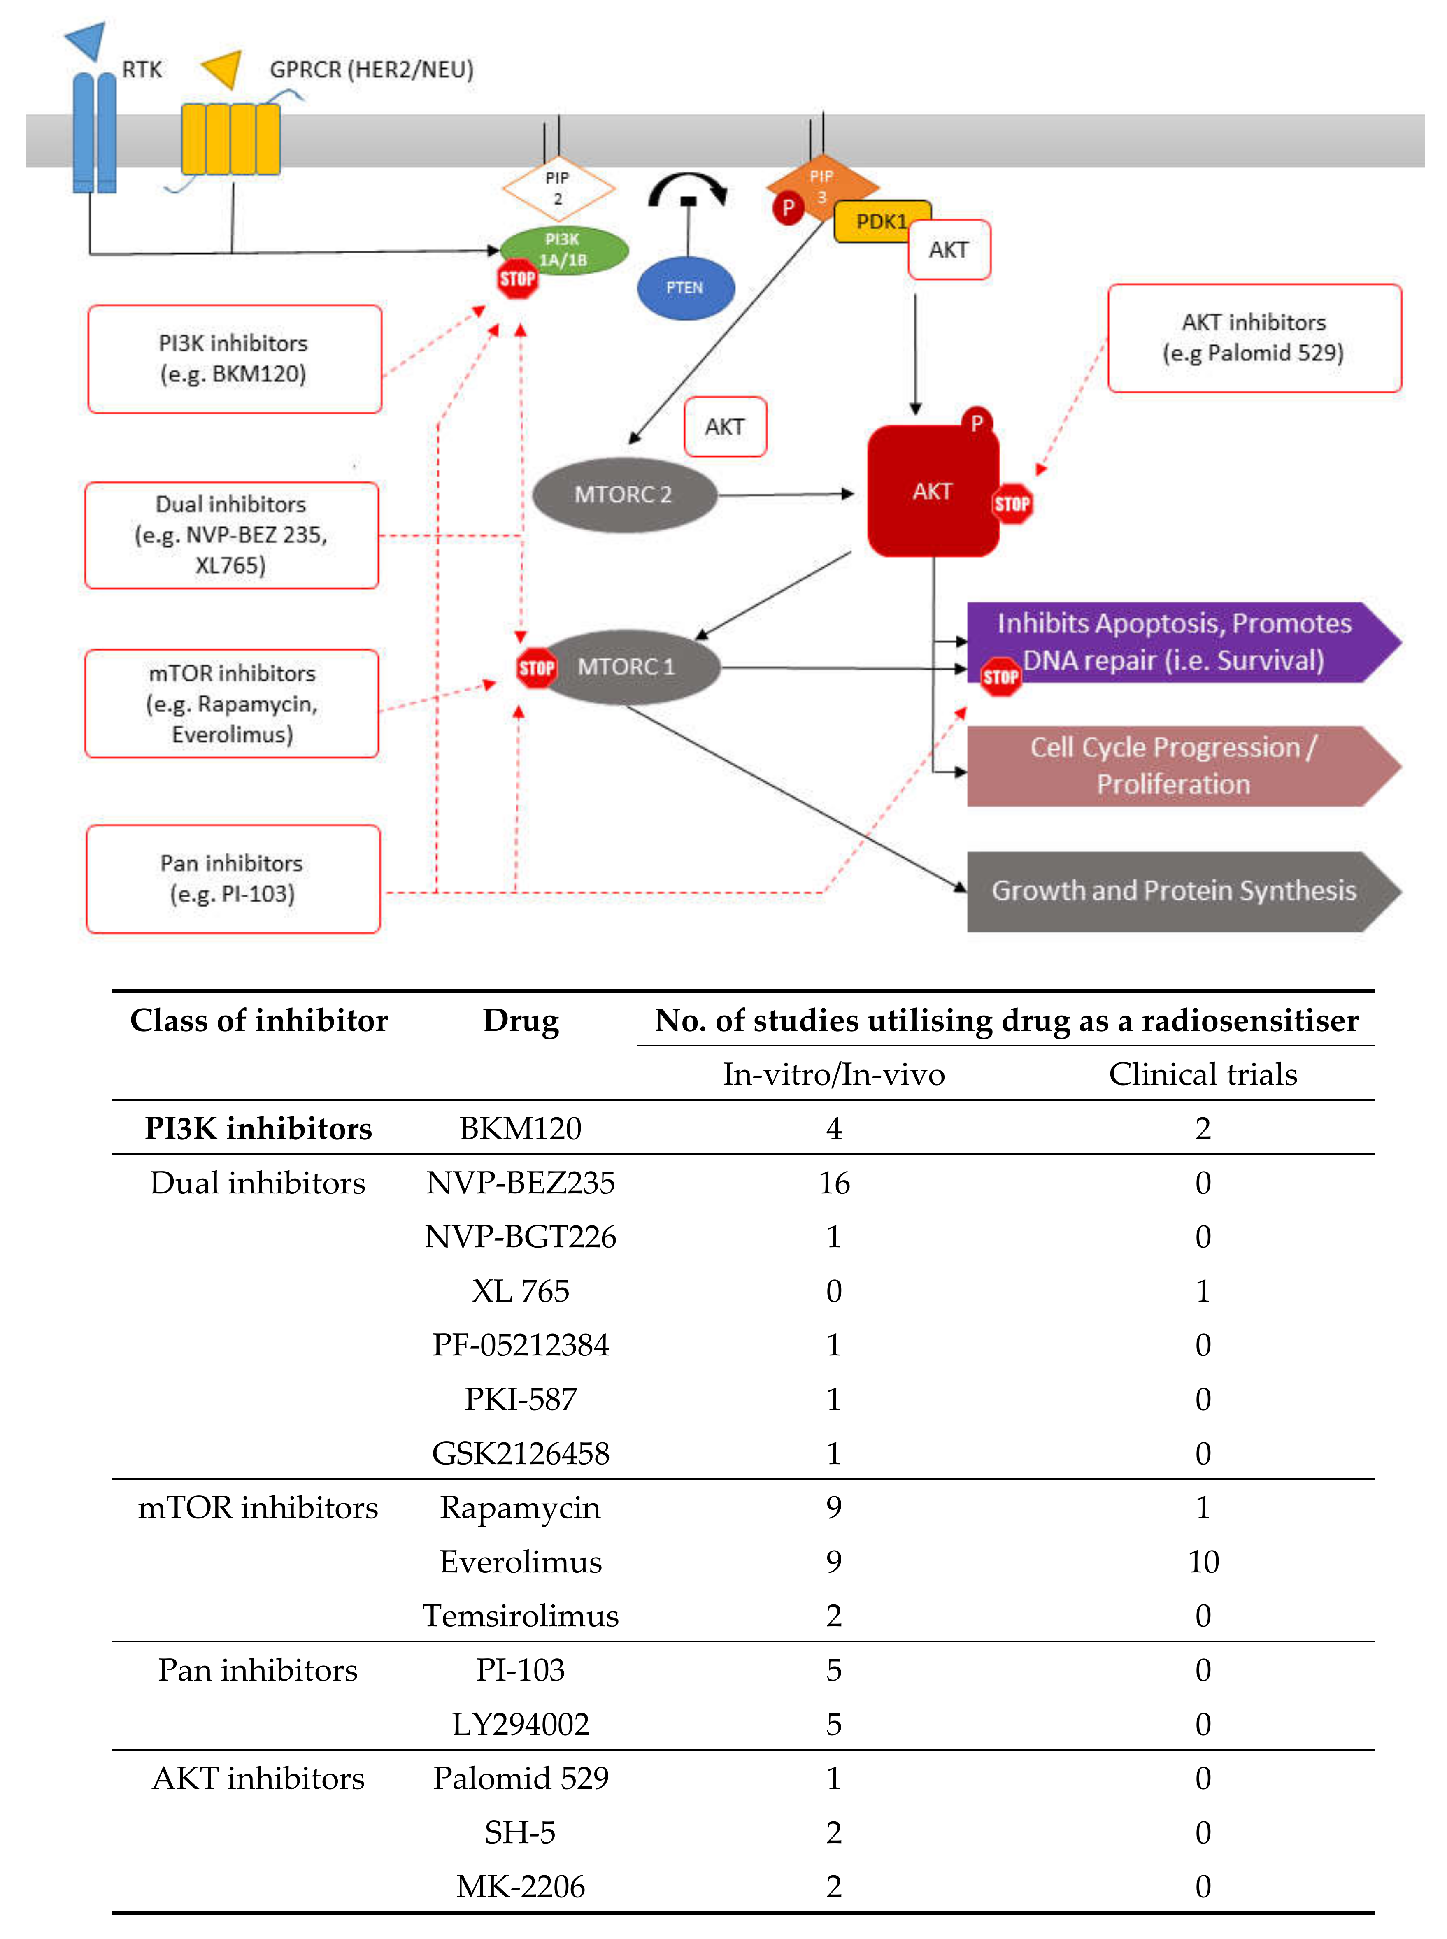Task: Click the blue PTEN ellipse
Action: (685, 287)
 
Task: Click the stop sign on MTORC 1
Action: (536, 668)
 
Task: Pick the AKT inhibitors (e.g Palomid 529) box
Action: (1254, 338)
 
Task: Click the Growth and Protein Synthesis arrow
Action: (1174, 890)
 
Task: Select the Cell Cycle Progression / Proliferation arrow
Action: (1174, 765)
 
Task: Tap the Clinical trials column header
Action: (1203, 1074)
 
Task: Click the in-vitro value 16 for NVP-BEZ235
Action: (834, 1183)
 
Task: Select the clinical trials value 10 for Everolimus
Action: (1203, 1562)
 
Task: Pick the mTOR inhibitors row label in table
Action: (258, 1507)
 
